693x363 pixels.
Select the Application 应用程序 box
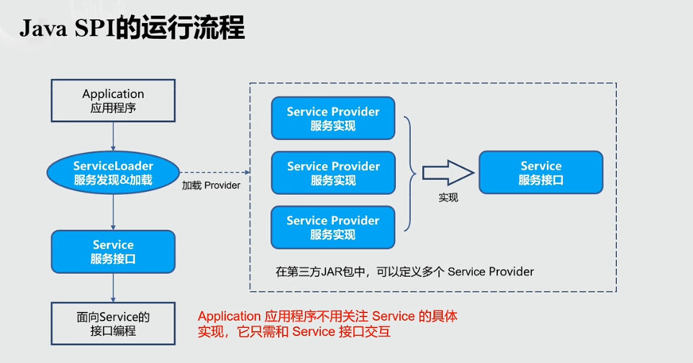(x=113, y=101)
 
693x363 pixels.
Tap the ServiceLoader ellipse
(x=113, y=173)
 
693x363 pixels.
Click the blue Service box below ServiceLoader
(x=113, y=251)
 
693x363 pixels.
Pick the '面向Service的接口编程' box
(x=113, y=323)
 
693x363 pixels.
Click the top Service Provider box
(x=332, y=119)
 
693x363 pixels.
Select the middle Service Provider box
(x=332, y=173)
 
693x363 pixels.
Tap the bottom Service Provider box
(x=332, y=227)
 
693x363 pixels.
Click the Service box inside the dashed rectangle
(x=540, y=173)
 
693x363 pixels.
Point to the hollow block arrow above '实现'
(x=447, y=173)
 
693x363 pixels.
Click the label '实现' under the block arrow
(x=448, y=198)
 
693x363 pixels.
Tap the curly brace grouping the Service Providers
(x=411, y=173)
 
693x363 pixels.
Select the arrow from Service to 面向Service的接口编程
(x=113, y=287)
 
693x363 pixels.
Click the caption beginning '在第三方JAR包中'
(x=404, y=272)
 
